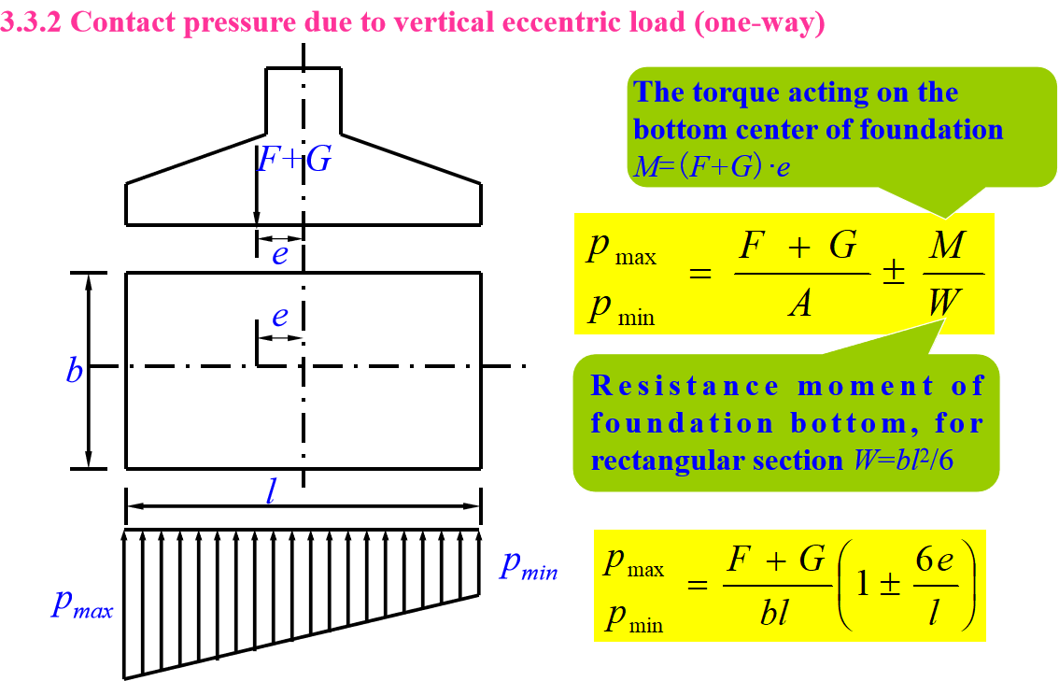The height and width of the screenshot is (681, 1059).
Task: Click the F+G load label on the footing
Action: point(294,160)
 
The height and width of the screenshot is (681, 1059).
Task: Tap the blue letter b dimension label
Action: point(75,371)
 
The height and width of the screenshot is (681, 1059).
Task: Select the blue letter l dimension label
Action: point(271,491)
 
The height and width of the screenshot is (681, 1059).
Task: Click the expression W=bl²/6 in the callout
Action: point(910,461)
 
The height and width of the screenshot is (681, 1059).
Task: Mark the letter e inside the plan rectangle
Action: point(279,318)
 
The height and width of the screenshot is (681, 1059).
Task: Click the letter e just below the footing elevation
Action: point(279,253)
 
